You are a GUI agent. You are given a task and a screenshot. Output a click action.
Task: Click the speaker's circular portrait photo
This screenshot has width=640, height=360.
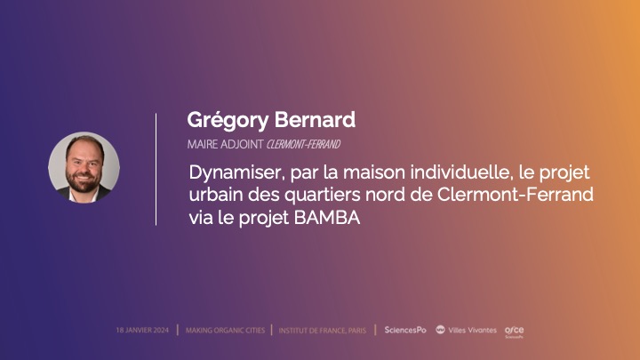click(84, 167)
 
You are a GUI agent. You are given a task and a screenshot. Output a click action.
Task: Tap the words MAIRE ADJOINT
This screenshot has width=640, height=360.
click(225, 143)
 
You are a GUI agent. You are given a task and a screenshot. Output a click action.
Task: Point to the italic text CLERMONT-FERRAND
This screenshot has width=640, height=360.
click(303, 143)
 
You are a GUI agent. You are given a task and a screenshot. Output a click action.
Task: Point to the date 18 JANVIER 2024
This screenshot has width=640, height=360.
click(143, 330)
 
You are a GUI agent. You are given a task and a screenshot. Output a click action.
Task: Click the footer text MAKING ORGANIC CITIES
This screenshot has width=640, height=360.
click(225, 330)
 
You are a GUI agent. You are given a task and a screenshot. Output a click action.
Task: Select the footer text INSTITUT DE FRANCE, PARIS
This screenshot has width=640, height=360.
click(322, 330)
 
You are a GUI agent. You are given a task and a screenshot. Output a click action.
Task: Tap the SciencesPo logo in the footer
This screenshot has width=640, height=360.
click(404, 330)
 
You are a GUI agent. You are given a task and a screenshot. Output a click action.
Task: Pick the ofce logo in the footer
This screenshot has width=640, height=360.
click(514, 331)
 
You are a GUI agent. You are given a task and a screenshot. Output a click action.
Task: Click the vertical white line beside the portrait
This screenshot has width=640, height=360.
click(156, 169)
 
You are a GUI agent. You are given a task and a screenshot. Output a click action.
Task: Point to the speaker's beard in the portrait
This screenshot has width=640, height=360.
click(83, 184)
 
